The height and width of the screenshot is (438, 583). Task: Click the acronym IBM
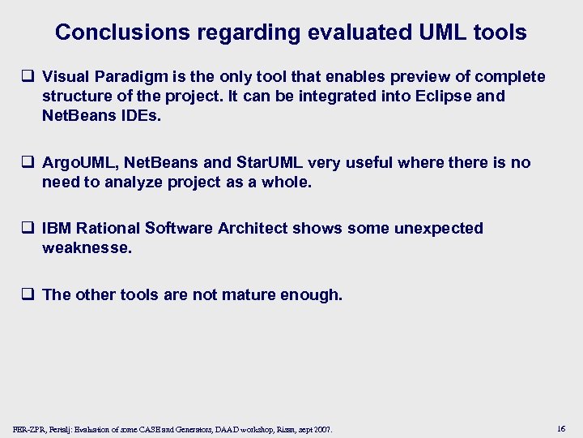(x=57, y=228)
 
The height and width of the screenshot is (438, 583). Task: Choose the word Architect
(x=253, y=228)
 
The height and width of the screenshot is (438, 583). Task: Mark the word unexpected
(x=438, y=228)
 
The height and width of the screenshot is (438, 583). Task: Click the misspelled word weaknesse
(x=87, y=247)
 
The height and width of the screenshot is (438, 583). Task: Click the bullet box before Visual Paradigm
(x=29, y=77)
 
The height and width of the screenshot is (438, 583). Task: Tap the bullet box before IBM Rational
(x=29, y=229)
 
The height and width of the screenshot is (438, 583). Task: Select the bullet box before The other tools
(x=29, y=295)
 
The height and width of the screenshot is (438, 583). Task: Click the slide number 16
(x=561, y=427)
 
